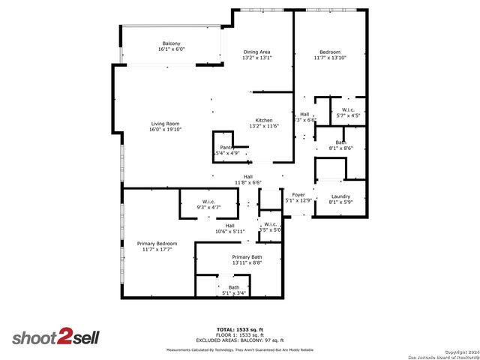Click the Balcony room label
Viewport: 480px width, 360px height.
pos(171,43)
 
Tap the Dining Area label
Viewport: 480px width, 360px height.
pos(256,52)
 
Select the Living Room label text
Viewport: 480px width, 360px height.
pos(165,124)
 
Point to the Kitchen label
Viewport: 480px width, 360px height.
pos(264,121)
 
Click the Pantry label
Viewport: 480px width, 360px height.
pos(227,148)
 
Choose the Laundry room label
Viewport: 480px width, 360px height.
pos(340,196)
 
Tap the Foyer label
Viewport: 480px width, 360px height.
pos(298,195)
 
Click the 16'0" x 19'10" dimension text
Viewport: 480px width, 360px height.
pos(165,130)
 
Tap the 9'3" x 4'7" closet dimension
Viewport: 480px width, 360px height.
pos(208,206)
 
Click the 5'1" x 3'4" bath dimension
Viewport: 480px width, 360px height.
pos(234,293)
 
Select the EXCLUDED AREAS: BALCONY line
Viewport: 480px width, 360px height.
pos(240,340)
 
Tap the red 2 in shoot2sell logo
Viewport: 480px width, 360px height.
pos(65,337)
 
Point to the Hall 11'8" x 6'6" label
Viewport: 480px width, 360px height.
pos(247,179)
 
